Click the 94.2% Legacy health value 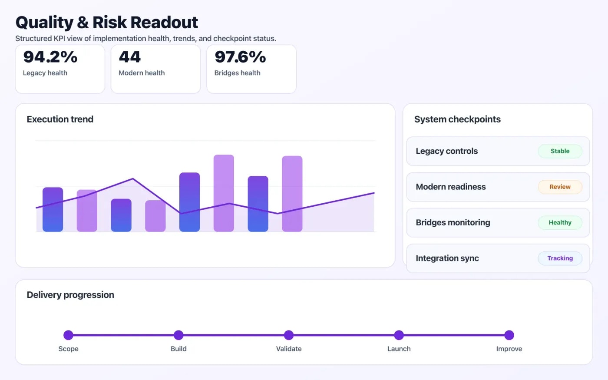pyautogui.click(x=50, y=57)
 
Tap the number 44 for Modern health pyautogui.click(x=129, y=57)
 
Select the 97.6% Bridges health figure pyautogui.click(x=240, y=57)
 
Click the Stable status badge pyautogui.click(x=560, y=151)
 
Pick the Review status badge pyautogui.click(x=560, y=187)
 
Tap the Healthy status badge pyautogui.click(x=560, y=222)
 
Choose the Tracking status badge pyautogui.click(x=560, y=258)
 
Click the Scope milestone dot pyautogui.click(x=68, y=335)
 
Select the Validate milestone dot pyautogui.click(x=289, y=335)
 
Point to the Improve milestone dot pyautogui.click(x=509, y=335)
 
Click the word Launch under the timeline pyautogui.click(x=399, y=349)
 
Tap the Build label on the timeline pyautogui.click(x=178, y=349)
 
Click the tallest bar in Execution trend pyautogui.click(x=224, y=193)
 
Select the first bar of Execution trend pyautogui.click(x=53, y=209)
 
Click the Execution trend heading pyautogui.click(x=60, y=119)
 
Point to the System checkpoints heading pyautogui.click(x=457, y=119)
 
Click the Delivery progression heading pyautogui.click(x=70, y=295)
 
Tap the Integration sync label pyautogui.click(x=447, y=258)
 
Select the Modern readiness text pyautogui.click(x=450, y=187)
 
